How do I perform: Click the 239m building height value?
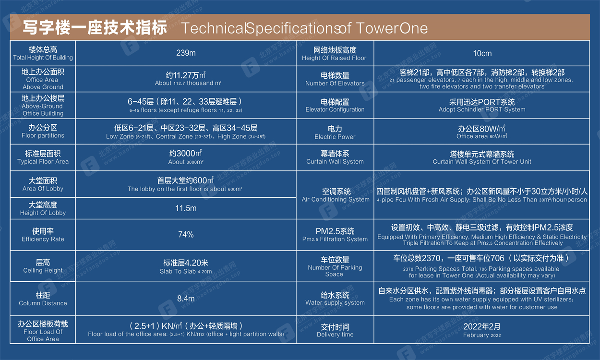(x=186, y=53)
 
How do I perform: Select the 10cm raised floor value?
(x=482, y=53)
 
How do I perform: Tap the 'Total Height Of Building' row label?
(x=43, y=58)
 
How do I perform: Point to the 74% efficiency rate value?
(x=186, y=234)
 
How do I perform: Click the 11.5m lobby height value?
(x=186, y=208)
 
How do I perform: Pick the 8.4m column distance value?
(x=186, y=299)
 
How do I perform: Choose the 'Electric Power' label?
(x=335, y=137)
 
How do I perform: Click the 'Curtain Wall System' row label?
(x=335, y=161)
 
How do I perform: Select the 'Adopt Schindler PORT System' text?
(x=482, y=109)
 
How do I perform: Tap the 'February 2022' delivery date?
(x=482, y=335)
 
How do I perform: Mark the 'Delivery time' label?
(x=335, y=335)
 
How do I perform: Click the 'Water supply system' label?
(x=335, y=303)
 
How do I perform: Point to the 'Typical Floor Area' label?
(x=43, y=161)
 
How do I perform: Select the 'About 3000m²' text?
(x=186, y=162)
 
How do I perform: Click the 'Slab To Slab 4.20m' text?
(x=186, y=271)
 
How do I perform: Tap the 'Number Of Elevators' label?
(x=335, y=84)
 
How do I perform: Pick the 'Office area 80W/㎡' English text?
(x=482, y=136)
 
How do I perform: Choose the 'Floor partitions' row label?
(x=43, y=135)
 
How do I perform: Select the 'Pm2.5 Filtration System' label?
(x=335, y=239)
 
